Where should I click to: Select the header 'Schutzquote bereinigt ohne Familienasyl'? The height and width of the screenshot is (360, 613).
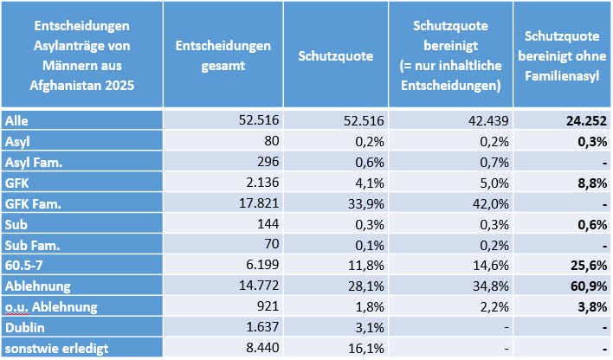point(563,55)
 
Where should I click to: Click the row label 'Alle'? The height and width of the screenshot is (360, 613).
point(16,120)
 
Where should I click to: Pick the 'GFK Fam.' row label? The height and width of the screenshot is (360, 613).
point(31,203)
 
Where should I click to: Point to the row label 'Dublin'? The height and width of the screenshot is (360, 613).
point(24,328)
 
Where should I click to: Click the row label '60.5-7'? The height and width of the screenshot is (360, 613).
point(25,266)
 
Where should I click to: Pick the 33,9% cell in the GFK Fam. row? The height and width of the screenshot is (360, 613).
point(358,203)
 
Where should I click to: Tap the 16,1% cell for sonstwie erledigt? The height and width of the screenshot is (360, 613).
point(358,349)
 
